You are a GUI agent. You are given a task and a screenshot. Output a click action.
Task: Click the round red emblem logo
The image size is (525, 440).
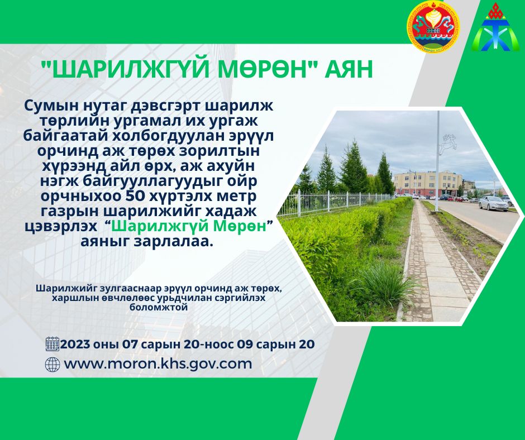(x=433, y=26)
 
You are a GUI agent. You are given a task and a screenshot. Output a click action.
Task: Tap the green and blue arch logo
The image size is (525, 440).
(x=495, y=28)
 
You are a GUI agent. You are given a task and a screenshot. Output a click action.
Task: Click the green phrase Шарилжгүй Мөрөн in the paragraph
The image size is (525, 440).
(x=189, y=227)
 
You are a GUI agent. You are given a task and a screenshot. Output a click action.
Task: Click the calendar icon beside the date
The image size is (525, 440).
(x=52, y=344)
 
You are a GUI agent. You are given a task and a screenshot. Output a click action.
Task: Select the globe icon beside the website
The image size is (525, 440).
(x=52, y=364)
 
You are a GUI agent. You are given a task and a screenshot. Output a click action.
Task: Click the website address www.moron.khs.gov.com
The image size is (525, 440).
(x=158, y=364)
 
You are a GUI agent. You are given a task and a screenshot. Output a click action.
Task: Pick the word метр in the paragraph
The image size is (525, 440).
(x=238, y=197)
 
